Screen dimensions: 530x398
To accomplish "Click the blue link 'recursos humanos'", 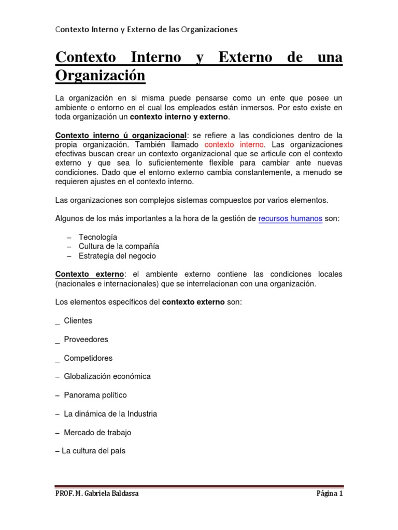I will pos(290,219).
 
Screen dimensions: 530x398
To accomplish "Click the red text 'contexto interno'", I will pos(234,144).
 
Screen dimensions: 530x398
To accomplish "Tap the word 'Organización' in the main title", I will pos(101,76).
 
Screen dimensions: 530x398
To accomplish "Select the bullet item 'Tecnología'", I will pos(98,237).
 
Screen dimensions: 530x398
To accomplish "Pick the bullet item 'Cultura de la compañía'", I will pos(119,246).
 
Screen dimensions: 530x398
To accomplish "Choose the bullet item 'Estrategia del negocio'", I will pos(117,256).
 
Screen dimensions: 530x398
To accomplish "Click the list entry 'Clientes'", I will pos(78,321).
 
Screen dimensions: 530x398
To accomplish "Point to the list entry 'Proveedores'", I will pos(86,340).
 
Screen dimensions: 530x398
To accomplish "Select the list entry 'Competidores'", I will pos(88,358).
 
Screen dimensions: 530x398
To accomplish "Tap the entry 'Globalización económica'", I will pos(107,376).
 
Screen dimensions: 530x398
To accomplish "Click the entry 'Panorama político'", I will pos(95,395).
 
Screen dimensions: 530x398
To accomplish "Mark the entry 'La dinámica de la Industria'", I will pos(110,414).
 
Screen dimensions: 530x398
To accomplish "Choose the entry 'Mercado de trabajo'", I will pos(97,432).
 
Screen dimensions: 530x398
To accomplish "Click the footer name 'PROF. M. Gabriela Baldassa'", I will pos(97,494).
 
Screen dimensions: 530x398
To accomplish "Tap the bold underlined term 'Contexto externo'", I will pos(90,274).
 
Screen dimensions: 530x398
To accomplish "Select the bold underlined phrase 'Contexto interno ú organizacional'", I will pos(121,135).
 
